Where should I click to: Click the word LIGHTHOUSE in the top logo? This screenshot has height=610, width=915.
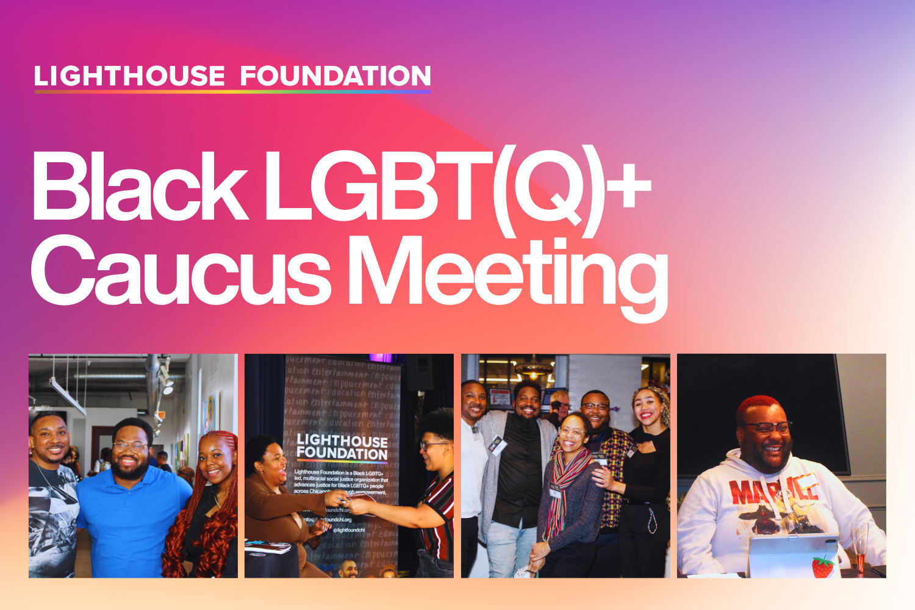(129, 76)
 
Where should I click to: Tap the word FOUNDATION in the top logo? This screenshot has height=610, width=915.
(335, 76)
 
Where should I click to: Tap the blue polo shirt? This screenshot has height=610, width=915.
(131, 518)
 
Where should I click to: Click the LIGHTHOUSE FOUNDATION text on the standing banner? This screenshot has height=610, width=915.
(342, 447)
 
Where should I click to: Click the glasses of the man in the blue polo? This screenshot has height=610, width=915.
(129, 447)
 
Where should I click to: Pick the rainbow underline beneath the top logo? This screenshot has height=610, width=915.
(232, 92)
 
